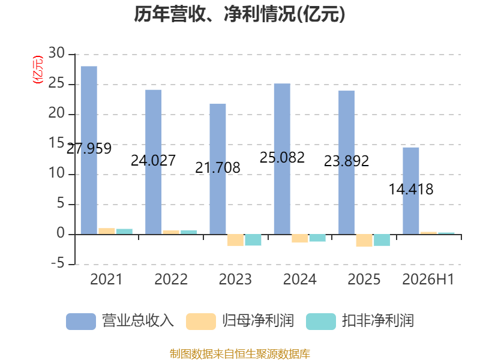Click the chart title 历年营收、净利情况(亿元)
coord(239,14)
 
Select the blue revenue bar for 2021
coord(89,151)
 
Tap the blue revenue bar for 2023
coord(218,169)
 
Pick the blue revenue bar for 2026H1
coord(411,191)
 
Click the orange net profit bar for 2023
coord(235,240)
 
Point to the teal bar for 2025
coord(382,240)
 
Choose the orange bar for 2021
coord(107,231)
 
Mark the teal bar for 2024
coord(317,238)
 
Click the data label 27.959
coord(89,149)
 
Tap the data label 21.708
coord(218,168)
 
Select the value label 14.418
coord(411,189)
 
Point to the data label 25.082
coord(282,158)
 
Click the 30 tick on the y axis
coord(56,53)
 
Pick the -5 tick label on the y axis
coord(58,263)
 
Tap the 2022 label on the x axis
coord(171,280)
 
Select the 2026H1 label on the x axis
coord(428,280)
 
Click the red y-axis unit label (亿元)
coord(38,70)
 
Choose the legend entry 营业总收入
coord(120,321)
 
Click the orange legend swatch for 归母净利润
coord(201,322)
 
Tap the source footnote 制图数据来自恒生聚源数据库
coord(239,354)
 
